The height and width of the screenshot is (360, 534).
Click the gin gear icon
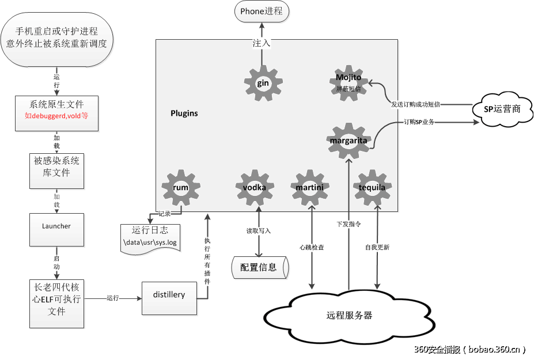coord(263,84)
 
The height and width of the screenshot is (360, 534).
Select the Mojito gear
coord(349,83)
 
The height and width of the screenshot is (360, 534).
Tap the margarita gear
coord(349,141)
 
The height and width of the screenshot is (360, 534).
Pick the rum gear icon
coord(181,188)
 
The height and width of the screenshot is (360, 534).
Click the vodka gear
coord(255,188)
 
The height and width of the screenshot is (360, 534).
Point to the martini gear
coord(310,188)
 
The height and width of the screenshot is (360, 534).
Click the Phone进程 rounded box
coord(262,12)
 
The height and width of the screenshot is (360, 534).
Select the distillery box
coord(169,295)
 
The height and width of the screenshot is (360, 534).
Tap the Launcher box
coord(56,226)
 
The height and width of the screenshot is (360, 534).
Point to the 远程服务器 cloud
coord(349,316)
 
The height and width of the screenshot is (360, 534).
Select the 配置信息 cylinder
coord(259,267)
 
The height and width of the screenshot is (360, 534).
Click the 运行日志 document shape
coord(150,238)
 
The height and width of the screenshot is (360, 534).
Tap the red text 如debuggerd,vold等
coord(56,115)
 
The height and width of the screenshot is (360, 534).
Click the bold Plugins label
coord(184,113)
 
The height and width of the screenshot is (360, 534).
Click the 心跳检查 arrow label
coord(312,248)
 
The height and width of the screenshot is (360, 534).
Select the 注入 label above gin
coord(262,43)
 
